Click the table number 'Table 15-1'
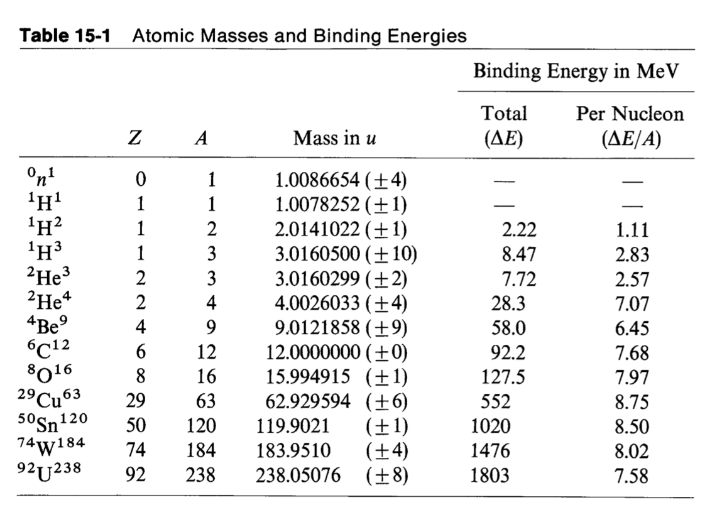click(65, 36)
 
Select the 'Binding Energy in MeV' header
click(576, 71)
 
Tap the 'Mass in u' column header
click(334, 138)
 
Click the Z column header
click(133, 139)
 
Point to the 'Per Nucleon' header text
click(630, 114)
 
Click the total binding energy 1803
click(491, 475)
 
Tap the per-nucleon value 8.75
click(630, 402)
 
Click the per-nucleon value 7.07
click(630, 304)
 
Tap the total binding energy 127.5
click(503, 377)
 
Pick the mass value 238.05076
click(298, 475)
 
